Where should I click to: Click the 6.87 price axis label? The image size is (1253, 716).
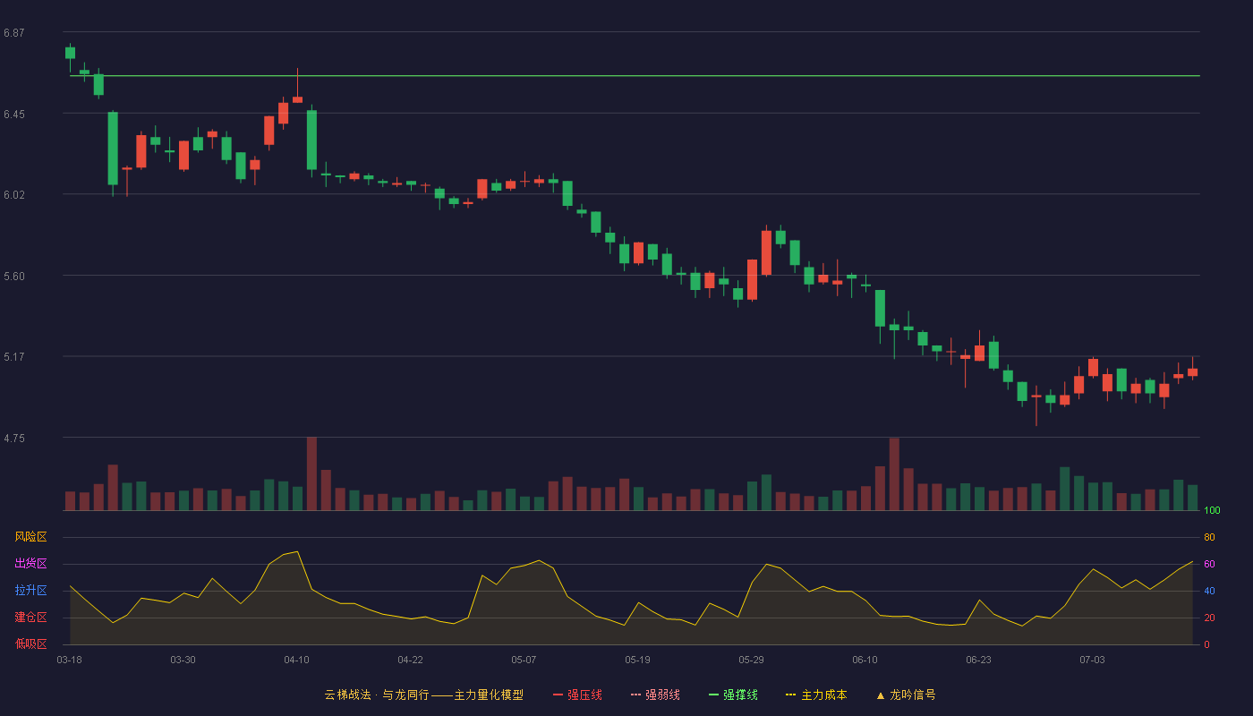coord(14,33)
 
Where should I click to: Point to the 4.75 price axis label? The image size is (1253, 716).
coord(14,439)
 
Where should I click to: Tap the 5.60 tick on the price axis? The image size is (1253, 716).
coord(14,277)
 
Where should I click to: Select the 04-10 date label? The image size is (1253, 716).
coord(296,661)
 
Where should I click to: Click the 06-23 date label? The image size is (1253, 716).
coord(978,661)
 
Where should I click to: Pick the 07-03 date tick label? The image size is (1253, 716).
coord(1092,661)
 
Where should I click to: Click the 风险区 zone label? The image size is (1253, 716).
coord(30,537)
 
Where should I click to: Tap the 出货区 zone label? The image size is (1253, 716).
coord(30,563)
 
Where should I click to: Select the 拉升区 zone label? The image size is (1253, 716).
coord(30,590)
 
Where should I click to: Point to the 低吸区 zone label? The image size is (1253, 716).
coord(30,644)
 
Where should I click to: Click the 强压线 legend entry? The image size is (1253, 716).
coord(577,695)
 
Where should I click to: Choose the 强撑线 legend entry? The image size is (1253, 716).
coord(733,695)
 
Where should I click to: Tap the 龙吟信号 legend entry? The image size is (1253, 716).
coord(906,695)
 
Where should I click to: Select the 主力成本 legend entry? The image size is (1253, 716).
coord(816,695)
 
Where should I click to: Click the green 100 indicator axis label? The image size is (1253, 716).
coord(1212,510)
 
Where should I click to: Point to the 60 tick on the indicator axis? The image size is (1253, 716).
coord(1209,564)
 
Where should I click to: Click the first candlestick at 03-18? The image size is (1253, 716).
coord(70,53)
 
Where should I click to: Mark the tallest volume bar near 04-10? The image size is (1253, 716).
coord(311,473)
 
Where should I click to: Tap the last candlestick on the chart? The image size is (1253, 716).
coord(1192,372)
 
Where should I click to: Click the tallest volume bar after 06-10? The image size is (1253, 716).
coord(894,474)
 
